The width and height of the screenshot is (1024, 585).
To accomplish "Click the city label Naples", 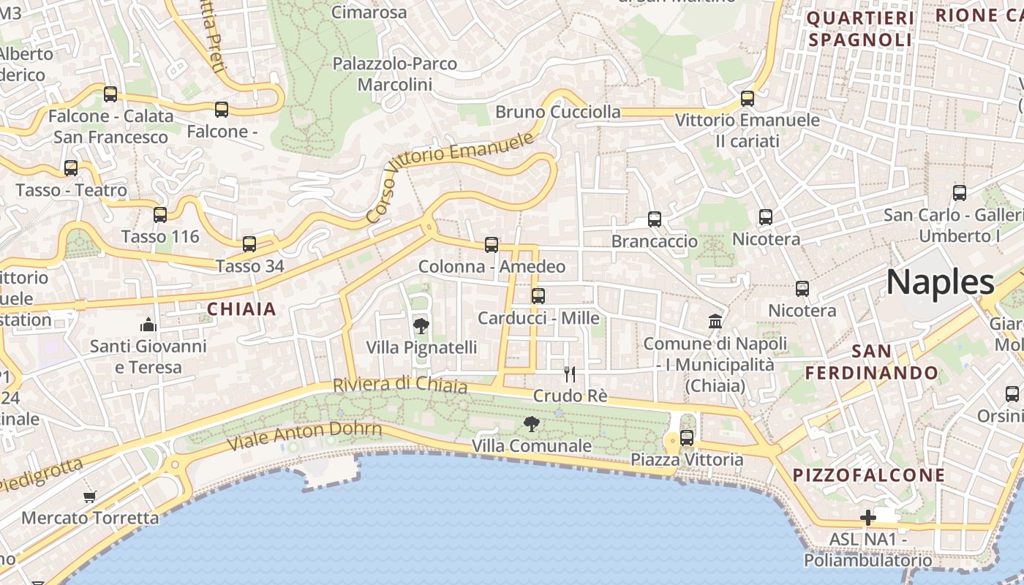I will coord(941,282).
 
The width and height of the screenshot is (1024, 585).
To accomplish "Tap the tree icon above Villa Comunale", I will coord(532,423).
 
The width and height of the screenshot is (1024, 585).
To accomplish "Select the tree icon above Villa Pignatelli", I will coord(421,325).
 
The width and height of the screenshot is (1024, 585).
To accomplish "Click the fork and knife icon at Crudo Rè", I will coord(570,374).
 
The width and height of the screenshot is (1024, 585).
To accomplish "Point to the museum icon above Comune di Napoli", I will coord(715,321).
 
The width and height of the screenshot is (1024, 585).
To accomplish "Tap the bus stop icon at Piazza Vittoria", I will coord(686,438).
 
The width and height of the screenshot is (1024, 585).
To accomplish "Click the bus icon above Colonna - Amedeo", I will coord(492,245).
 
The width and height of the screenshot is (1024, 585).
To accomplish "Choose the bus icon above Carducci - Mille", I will coord(538,296).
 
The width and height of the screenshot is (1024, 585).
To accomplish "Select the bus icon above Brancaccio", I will coord(655,219).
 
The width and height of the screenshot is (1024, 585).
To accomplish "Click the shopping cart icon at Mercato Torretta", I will coord(90,497).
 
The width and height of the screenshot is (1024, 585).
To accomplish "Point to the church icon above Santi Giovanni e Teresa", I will coord(148,325).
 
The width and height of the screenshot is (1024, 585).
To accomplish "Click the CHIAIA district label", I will coord(241,309).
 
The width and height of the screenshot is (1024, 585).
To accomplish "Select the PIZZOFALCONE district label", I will coord(869,475).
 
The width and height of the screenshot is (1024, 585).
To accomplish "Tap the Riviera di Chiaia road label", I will coord(399,384).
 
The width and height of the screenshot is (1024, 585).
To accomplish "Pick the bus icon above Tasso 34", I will coord(249,244).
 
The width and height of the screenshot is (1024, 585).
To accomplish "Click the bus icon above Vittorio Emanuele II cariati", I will coord(748,99).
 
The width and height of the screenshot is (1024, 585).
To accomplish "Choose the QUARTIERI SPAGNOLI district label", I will coord(860,29).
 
